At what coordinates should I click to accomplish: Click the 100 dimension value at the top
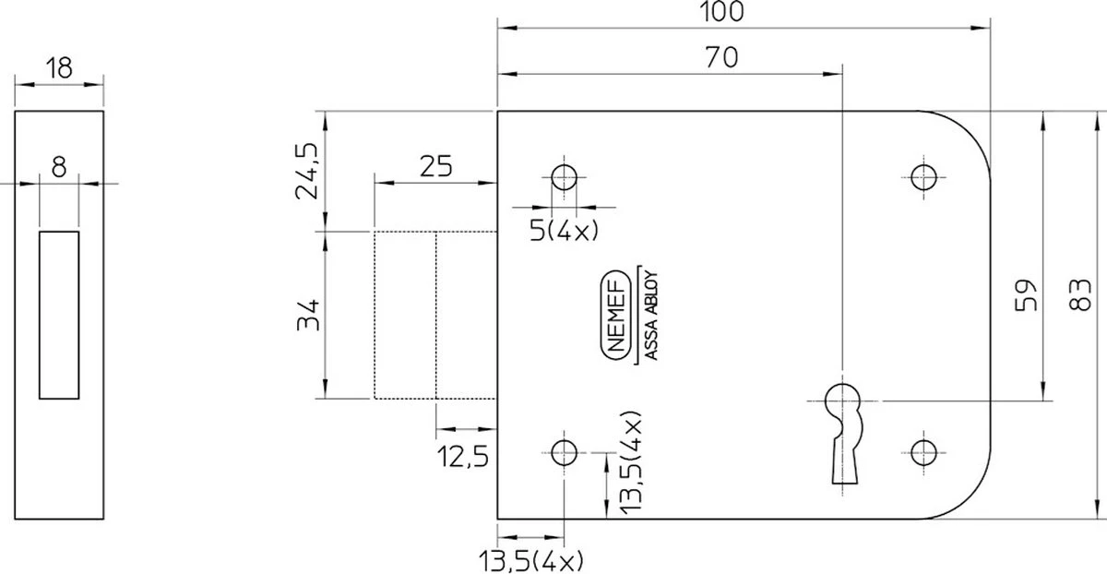pyautogui.click(x=721, y=11)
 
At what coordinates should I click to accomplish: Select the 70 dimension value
pyautogui.click(x=721, y=57)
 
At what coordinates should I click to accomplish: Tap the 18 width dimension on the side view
pyautogui.click(x=59, y=68)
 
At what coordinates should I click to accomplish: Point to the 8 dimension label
pyautogui.click(x=59, y=167)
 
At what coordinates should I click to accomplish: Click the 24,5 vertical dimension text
pyautogui.click(x=307, y=171)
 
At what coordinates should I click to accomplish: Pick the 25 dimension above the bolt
pyautogui.click(x=435, y=167)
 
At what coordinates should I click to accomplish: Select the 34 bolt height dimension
pyautogui.click(x=308, y=315)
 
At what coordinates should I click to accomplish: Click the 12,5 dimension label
pyautogui.click(x=463, y=456)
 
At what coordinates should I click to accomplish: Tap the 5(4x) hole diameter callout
pyautogui.click(x=564, y=231)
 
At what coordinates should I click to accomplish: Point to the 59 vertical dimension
pyautogui.click(x=1026, y=295)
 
